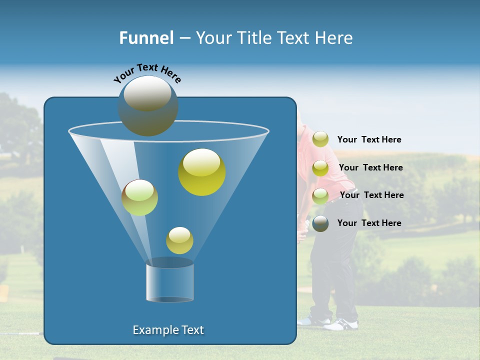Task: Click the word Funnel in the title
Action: point(146,38)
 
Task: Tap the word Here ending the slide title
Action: point(335,38)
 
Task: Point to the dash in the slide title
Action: point(184,38)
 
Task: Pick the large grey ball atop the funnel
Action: point(148,106)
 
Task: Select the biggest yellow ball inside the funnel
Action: point(202,172)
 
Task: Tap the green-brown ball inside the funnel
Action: point(140,197)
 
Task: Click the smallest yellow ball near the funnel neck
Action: point(179,240)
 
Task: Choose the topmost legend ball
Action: point(320,139)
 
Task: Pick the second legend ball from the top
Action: point(320,168)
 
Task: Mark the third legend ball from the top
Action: point(320,195)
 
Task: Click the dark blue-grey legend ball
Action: point(320,223)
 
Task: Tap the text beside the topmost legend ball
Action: point(369,140)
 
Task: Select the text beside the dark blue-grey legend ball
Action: point(369,223)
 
